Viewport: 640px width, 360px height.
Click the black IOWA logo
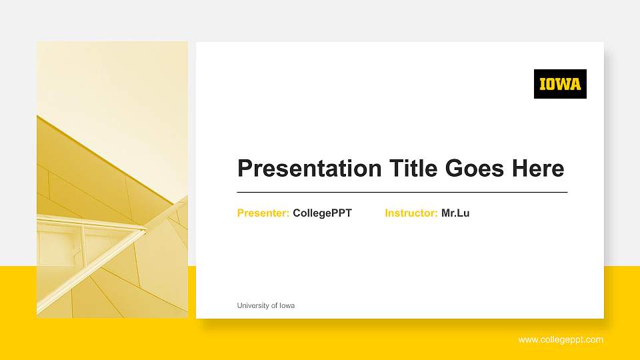560,84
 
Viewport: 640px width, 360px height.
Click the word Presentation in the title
309,168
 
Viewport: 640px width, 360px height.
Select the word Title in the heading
413,167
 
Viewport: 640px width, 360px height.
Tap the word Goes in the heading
474,168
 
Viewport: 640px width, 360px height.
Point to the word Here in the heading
538,168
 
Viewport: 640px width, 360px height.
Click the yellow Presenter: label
263,213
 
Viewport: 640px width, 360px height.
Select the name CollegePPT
322,213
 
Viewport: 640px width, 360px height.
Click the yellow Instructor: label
411,213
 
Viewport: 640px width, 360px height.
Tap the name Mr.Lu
455,213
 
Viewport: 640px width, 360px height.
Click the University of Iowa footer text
266,305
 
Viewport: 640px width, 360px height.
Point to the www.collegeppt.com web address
561,339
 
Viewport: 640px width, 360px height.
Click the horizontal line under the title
402,192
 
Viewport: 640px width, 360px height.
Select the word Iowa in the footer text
287,305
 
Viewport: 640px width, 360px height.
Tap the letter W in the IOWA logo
563,84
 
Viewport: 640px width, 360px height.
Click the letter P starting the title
245,168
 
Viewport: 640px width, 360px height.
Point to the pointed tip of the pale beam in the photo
146,229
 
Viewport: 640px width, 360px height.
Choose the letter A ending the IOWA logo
575,84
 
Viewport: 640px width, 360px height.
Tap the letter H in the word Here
520,168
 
